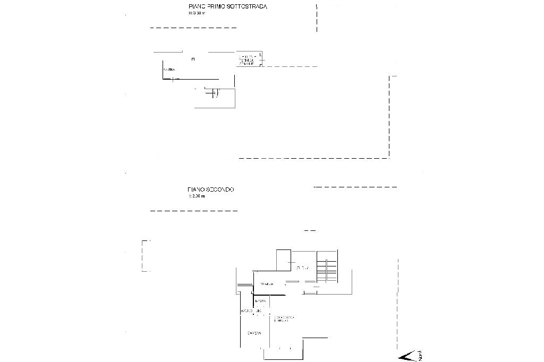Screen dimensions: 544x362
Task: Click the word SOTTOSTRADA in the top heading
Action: point(247,7)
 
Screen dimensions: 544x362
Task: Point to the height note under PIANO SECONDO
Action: point(196,196)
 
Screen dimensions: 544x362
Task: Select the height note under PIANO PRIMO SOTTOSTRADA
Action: point(196,13)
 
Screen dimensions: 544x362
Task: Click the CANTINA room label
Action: point(169,70)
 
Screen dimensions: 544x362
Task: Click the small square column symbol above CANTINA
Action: point(193,58)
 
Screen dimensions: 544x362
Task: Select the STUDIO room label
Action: point(303,267)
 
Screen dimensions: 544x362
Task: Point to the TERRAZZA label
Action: point(267,284)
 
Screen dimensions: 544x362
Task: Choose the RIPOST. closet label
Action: point(260,301)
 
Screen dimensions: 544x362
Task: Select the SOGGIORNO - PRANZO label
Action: point(284,319)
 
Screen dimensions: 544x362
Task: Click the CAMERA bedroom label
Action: point(254,333)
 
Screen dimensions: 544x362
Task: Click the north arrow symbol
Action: point(406,356)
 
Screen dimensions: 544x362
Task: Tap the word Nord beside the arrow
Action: point(420,355)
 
